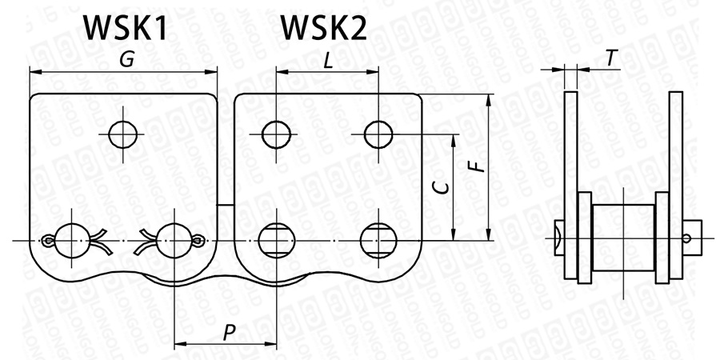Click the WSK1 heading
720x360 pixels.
click(x=125, y=30)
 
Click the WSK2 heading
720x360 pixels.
click(x=323, y=30)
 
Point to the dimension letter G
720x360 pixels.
click(x=125, y=59)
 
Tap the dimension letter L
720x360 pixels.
click(x=328, y=59)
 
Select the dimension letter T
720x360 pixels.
click(x=611, y=58)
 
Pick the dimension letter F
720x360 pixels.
click(x=474, y=166)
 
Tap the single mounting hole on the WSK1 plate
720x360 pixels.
click(x=124, y=134)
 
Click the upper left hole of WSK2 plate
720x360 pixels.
click(x=276, y=134)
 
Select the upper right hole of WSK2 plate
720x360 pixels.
click(x=378, y=134)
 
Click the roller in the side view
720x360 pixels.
click(x=623, y=238)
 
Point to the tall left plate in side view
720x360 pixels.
click(x=570, y=184)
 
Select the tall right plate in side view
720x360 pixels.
click(x=676, y=184)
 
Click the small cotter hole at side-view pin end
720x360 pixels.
click(x=688, y=238)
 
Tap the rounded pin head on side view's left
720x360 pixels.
click(x=558, y=238)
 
